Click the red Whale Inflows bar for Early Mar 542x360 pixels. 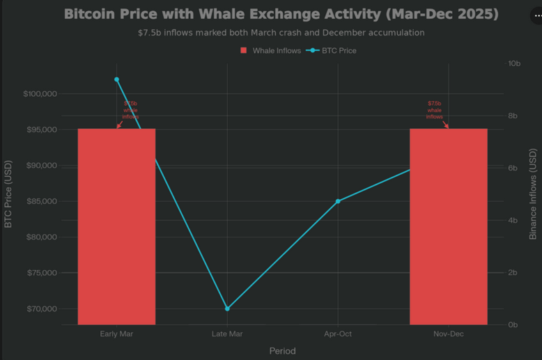[x=116, y=226]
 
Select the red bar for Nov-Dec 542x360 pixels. [x=448, y=226]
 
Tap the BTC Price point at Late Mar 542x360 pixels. [x=227, y=308]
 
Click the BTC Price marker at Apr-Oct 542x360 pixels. [x=338, y=201]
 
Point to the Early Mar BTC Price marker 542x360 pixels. [x=116, y=79]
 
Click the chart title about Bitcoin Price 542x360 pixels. [x=281, y=14]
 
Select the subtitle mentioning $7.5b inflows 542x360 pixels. [x=281, y=33]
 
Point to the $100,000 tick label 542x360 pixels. [x=40, y=94]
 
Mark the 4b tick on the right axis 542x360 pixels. [x=513, y=220]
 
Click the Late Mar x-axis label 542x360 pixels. [x=227, y=334]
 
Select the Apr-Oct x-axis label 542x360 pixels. [x=338, y=334]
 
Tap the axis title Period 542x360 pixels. [x=282, y=351]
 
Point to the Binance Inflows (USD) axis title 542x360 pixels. [x=533, y=194]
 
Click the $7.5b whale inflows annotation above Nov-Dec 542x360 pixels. [x=434, y=110]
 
